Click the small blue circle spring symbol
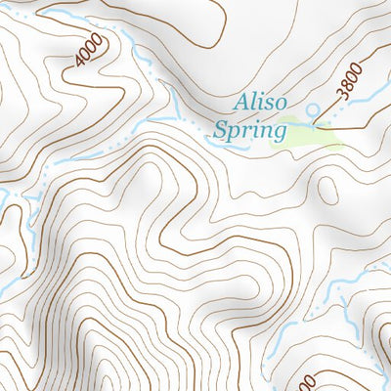[x=314, y=109]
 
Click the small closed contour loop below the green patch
[x=328, y=191]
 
